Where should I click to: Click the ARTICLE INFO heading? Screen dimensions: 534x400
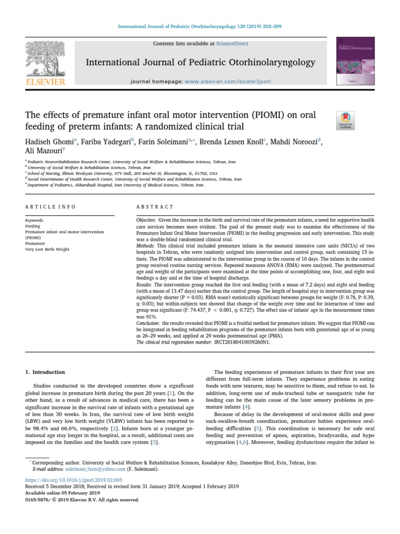[x=51, y=207]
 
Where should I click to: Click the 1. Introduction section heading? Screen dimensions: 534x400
[x=45, y=372]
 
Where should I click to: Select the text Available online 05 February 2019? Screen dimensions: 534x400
[x=63, y=493]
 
